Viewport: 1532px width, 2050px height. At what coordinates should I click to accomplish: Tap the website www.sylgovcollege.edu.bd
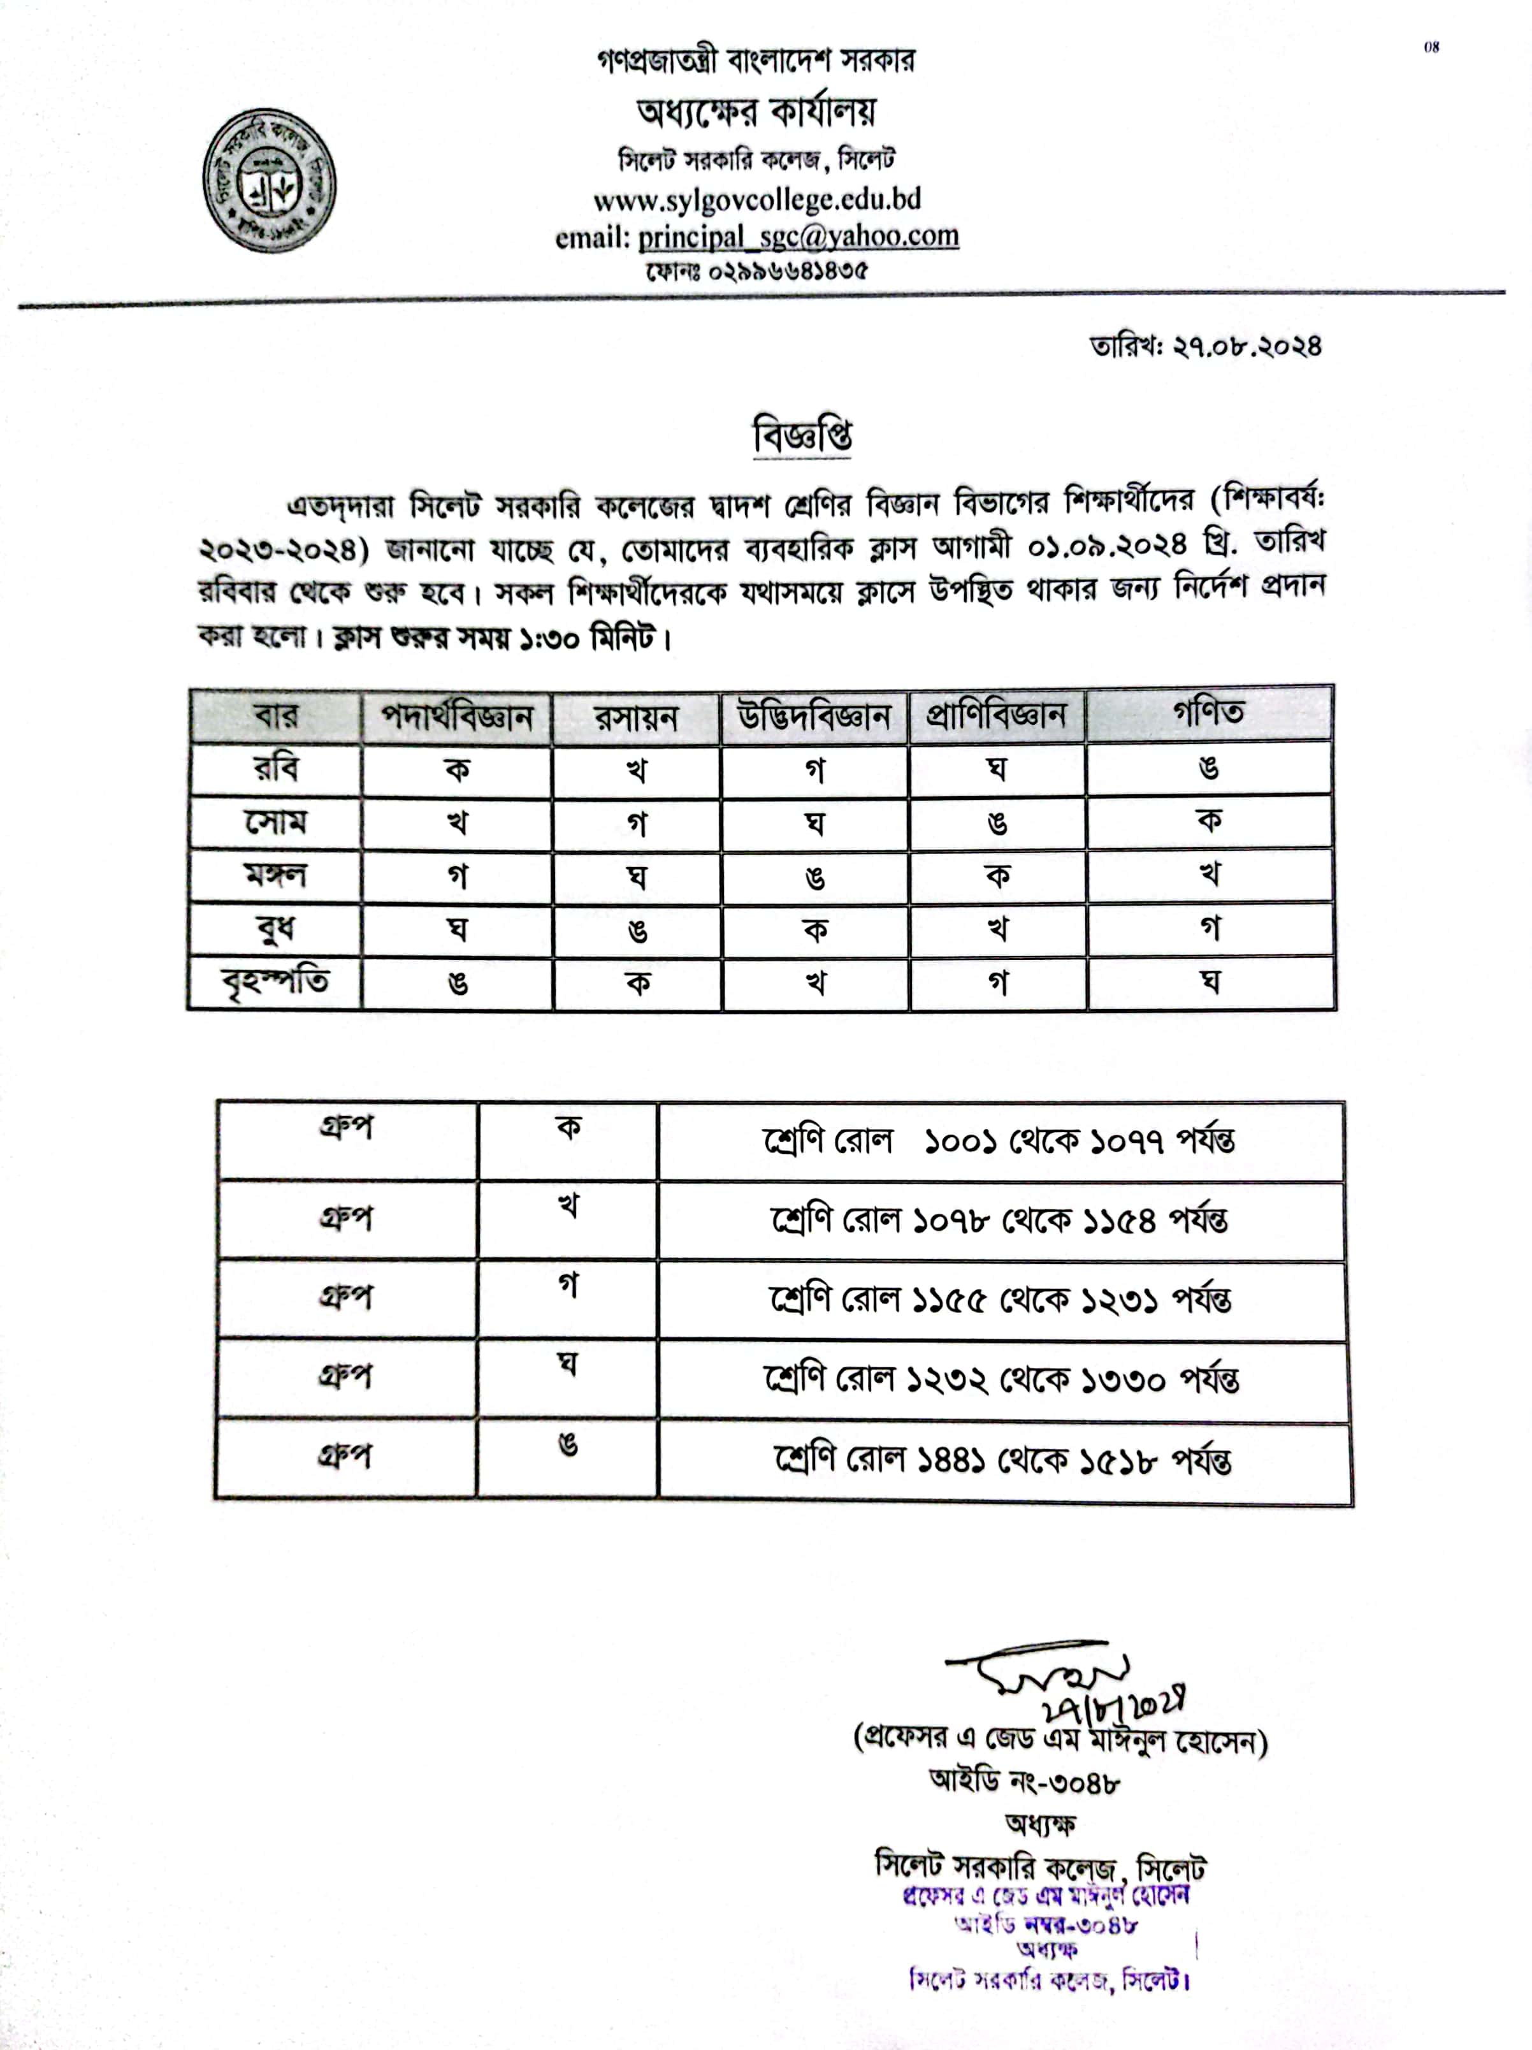[757, 200]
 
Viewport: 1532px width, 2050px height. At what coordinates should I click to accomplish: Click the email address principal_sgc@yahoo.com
[798, 236]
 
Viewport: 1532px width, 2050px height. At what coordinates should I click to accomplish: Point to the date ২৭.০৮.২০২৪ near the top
[1247, 347]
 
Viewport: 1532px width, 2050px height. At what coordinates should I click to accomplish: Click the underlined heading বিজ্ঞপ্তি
[802, 435]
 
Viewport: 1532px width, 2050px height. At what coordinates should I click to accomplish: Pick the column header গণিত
[1208, 713]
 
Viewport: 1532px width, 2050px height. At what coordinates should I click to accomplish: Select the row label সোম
[275, 822]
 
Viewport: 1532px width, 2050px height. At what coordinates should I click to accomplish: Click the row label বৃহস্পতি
[275, 982]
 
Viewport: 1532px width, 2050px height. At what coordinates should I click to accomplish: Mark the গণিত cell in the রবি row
[1208, 767]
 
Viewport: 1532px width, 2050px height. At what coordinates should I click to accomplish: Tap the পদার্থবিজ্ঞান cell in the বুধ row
[457, 929]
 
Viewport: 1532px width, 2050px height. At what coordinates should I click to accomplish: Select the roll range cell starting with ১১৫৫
[1001, 1299]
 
